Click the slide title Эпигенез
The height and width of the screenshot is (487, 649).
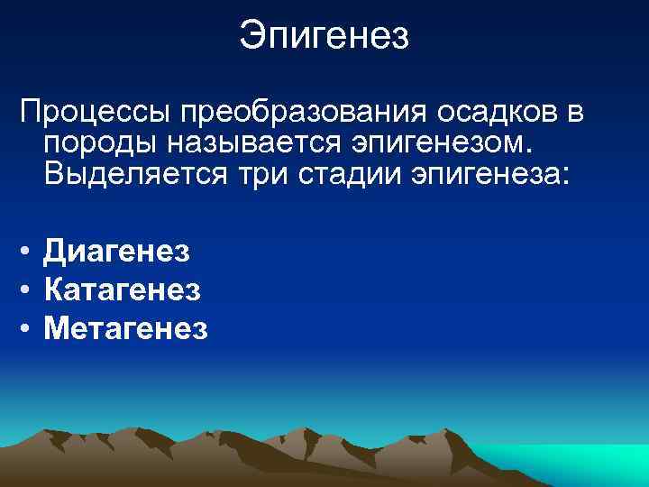pos(324,37)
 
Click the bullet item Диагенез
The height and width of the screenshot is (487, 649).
pos(117,251)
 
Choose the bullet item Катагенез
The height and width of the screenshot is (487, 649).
pos(122,290)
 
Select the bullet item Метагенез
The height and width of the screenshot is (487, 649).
pos(125,329)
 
